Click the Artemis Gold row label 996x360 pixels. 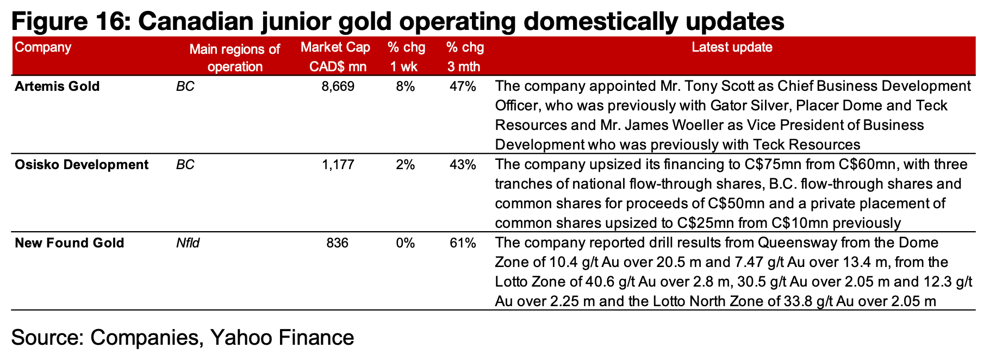[x=57, y=86]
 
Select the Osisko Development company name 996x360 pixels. [x=82, y=165]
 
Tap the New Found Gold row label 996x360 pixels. [x=70, y=243]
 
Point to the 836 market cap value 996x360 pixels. [x=338, y=243]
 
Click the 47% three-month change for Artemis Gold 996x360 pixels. [x=463, y=86]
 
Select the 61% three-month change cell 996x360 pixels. [x=463, y=243]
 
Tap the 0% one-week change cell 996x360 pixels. [x=406, y=243]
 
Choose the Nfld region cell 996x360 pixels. [x=188, y=243]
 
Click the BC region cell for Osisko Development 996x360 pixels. [x=185, y=165]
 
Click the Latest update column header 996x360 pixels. [x=732, y=47]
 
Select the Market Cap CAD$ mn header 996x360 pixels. [x=335, y=57]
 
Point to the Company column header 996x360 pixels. [x=43, y=47]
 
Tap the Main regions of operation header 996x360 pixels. [x=235, y=58]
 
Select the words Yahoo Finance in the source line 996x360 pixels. [x=282, y=338]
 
